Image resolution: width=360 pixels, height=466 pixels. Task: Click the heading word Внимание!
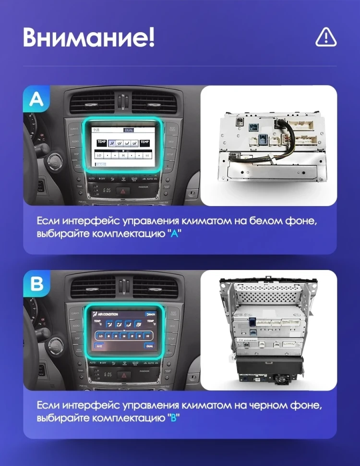(89, 37)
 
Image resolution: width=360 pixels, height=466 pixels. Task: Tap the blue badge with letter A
(36, 99)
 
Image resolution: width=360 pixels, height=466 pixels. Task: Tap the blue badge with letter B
(36, 284)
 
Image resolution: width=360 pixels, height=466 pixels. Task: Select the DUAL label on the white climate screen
(129, 130)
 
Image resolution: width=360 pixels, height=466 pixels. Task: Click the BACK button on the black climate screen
(150, 314)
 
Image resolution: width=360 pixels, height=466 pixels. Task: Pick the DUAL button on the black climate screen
(150, 345)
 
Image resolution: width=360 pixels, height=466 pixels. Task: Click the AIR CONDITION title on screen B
(108, 313)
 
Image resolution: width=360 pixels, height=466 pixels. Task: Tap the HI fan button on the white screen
(147, 156)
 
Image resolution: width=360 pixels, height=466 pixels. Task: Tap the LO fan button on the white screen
(99, 156)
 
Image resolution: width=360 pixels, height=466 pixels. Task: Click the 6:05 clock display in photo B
(108, 374)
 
